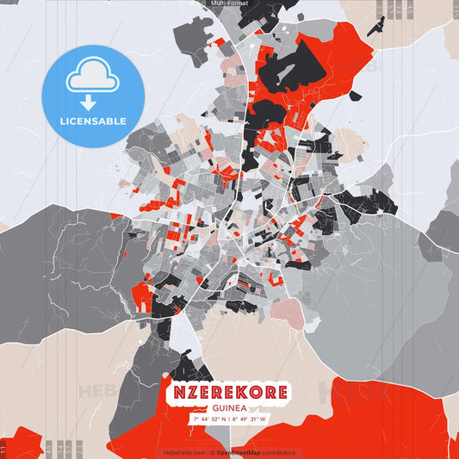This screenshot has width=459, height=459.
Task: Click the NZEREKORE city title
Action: coord(229,393)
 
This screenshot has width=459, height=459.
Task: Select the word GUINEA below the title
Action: coord(229,408)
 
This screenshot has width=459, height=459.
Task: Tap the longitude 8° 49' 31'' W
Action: coord(250,419)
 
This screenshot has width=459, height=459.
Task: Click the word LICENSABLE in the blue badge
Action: coord(93,121)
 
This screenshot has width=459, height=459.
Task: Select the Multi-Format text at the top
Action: coord(229,3)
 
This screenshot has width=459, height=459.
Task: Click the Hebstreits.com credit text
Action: coord(183,452)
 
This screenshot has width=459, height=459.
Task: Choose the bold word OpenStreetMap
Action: coord(240,452)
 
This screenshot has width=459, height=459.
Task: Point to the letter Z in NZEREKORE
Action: coord(191,393)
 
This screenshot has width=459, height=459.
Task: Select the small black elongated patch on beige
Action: coord(375,26)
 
